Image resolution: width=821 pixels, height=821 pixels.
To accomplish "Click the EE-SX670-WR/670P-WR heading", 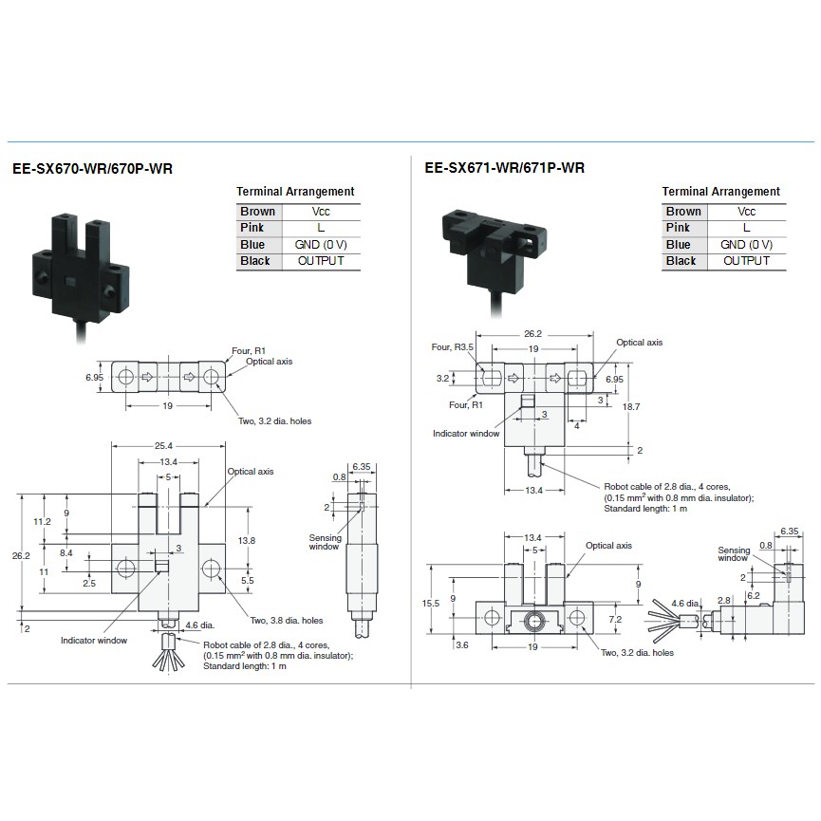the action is coord(92,169).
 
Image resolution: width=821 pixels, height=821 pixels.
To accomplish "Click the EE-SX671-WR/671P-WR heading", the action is coord(505,168).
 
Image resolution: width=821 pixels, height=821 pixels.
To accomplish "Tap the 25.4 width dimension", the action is coord(163,445).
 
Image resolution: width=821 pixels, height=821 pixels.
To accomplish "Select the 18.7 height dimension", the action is coord(631,406).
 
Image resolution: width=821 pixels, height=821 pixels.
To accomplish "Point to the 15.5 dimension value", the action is coord(431,604).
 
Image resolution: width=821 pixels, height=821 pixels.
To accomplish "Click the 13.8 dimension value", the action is coord(246,540).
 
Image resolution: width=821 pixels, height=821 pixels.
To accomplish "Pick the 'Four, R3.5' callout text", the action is coord(453,346).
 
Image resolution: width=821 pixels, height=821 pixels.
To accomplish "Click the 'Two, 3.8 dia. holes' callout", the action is coord(287,621).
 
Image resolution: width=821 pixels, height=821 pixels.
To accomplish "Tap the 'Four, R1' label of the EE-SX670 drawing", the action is coord(249,351).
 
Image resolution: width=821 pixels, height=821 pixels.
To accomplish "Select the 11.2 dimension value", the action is coord(42,521).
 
